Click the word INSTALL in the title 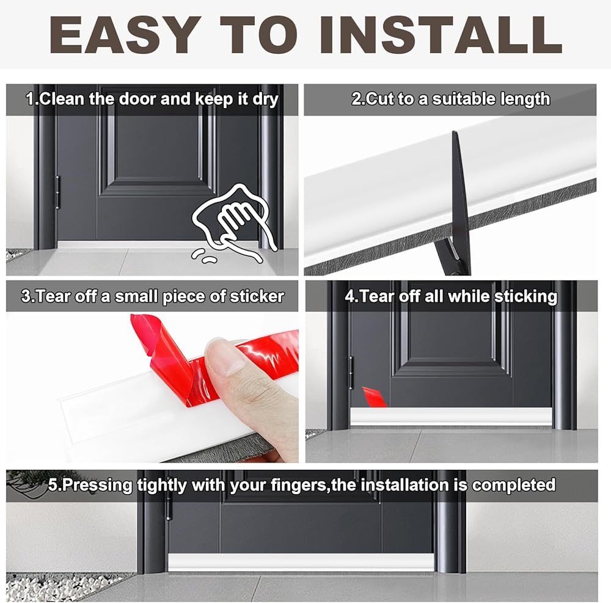coord(441,35)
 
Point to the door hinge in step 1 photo coord(57,192)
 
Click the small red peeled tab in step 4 coord(375,397)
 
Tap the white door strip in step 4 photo coord(451,417)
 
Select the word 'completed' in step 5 coord(514,485)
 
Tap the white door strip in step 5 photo coord(301,563)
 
